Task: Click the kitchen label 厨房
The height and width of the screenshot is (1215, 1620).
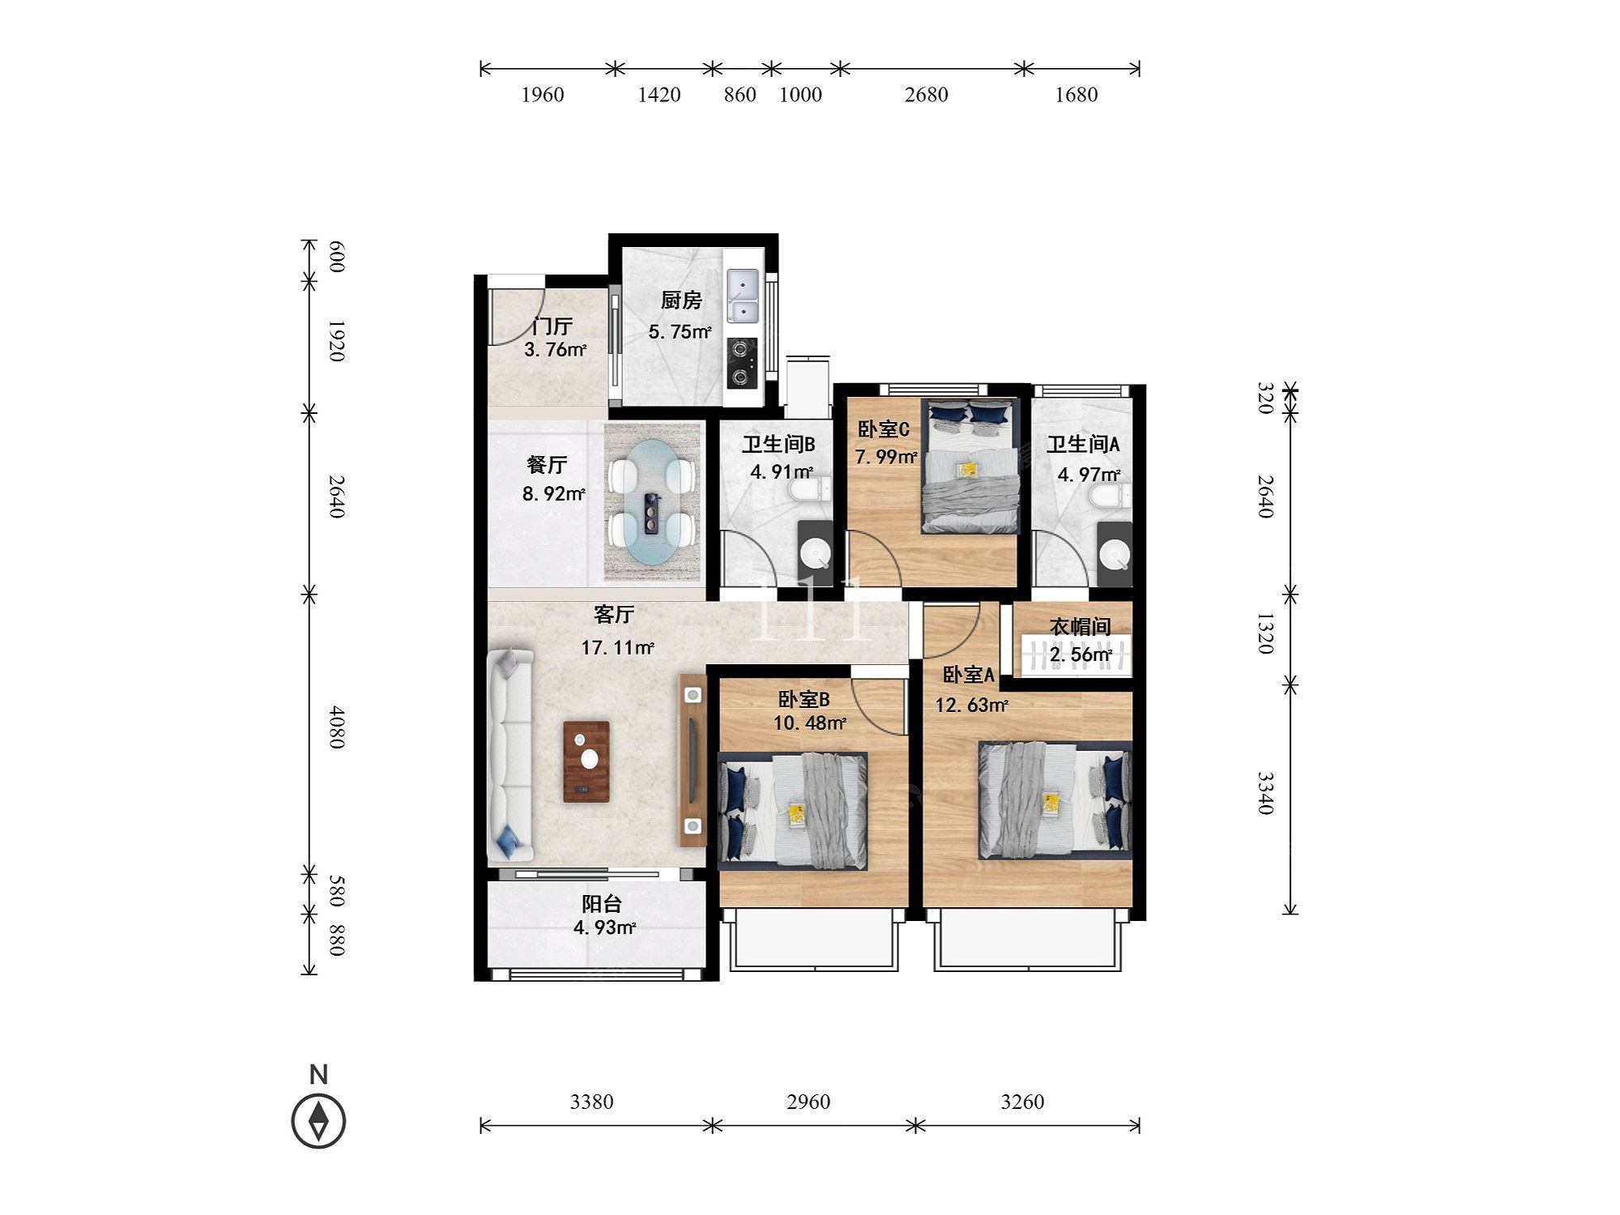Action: click(x=680, y=301)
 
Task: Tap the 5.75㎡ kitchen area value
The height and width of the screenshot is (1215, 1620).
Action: click(x=680, y=331)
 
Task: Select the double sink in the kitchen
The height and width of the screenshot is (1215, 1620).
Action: click(x=743, y=297)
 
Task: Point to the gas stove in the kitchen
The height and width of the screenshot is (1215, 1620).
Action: click(x=742, y=363)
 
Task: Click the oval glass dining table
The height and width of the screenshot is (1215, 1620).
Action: click(x=652, y=501)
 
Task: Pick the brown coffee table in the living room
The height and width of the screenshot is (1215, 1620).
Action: click(x=586, y=761)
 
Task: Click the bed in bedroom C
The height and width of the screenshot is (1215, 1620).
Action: click(x=970, y=466)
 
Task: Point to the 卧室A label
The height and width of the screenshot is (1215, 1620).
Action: click(x=968, y=675)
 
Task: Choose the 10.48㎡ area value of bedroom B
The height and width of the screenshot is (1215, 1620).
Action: click(x=810, y=723)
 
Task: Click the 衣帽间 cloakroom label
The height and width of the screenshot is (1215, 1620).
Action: click(x=1080, y=627)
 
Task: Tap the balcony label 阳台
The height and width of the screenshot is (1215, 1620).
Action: click(x=602, y=904)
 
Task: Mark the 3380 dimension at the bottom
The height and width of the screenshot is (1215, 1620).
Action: click(x=592, y=1102)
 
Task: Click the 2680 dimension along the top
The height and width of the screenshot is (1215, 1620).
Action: click(x=926, y=95)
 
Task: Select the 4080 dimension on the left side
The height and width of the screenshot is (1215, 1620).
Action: click(x=337, y=727)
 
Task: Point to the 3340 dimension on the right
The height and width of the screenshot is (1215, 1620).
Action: click(x=1265, y=793)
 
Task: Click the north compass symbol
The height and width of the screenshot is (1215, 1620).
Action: click(x=318, y=1121)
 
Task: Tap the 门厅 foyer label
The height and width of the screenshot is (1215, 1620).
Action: click(x=552, y=326)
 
